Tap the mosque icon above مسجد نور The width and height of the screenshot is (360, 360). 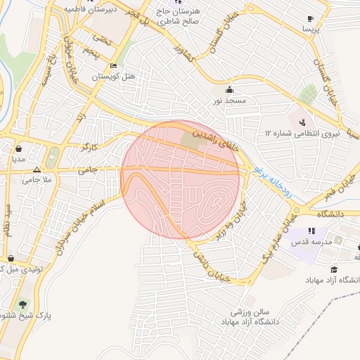coord(230,90)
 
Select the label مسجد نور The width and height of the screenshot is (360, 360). coord(230,101)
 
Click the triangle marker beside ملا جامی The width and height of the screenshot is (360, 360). coord(37,169)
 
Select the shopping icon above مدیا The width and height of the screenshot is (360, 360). coord(18,149)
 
